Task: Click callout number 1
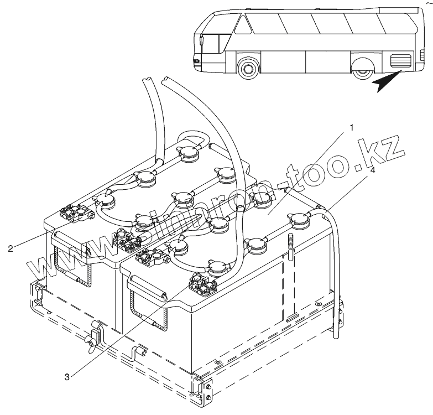tap(352, 128)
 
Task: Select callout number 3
tap(66, 377)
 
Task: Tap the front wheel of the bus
tap(247, 68)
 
